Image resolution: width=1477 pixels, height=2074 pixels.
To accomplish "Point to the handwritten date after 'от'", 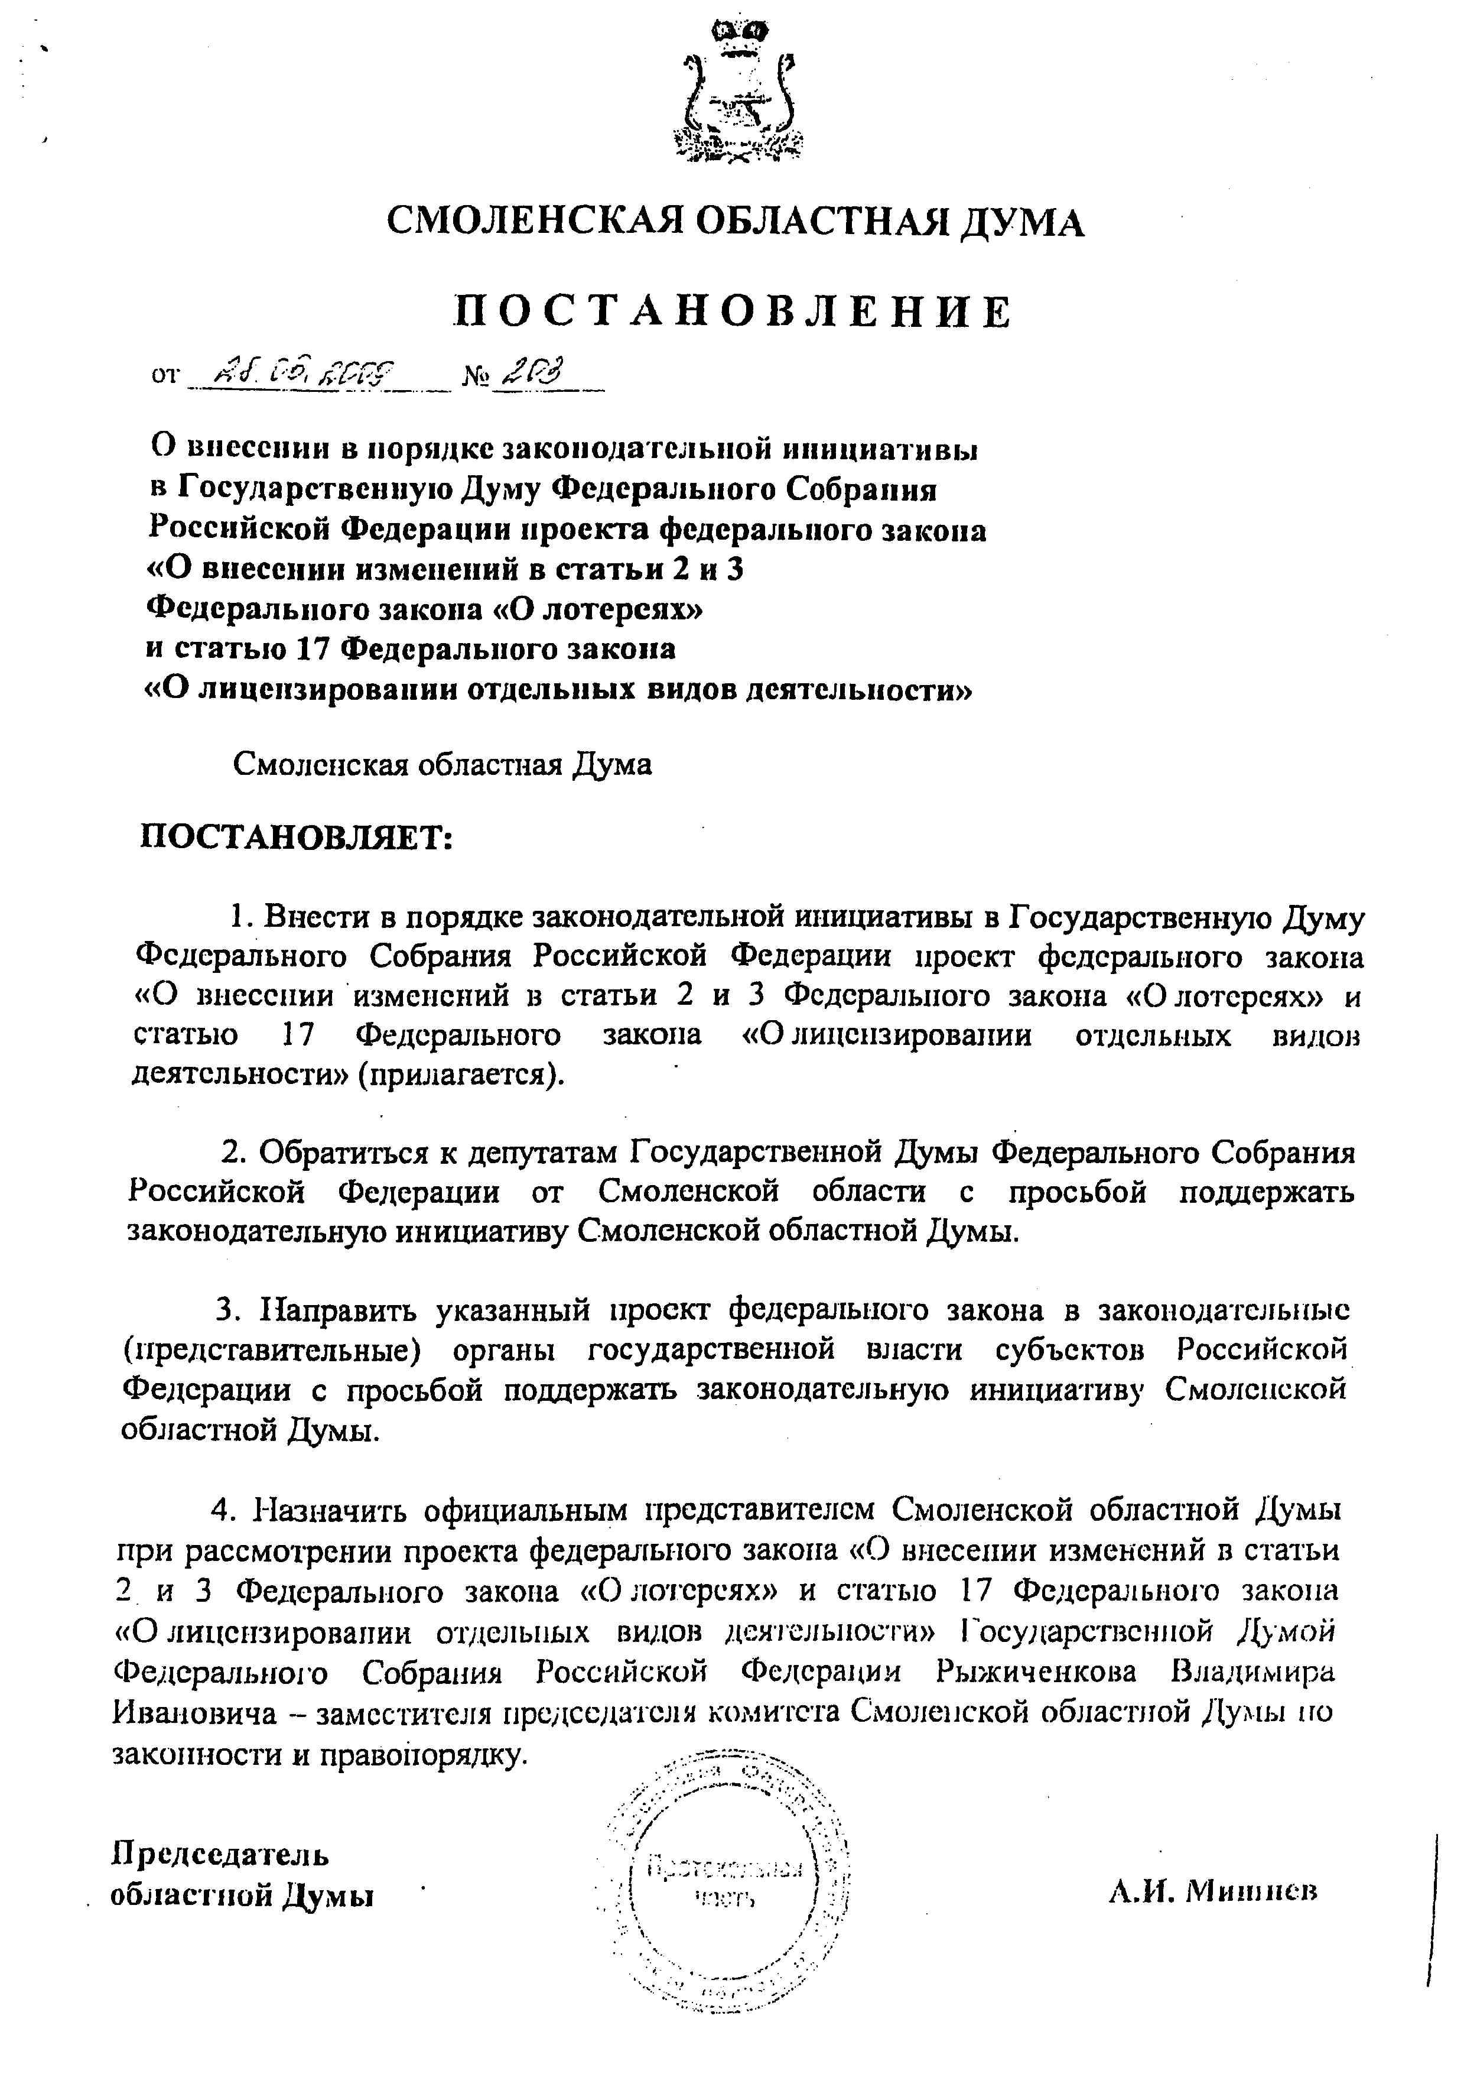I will point(300,372).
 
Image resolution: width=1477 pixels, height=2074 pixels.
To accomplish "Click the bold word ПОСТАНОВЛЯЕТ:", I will point(295,836).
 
